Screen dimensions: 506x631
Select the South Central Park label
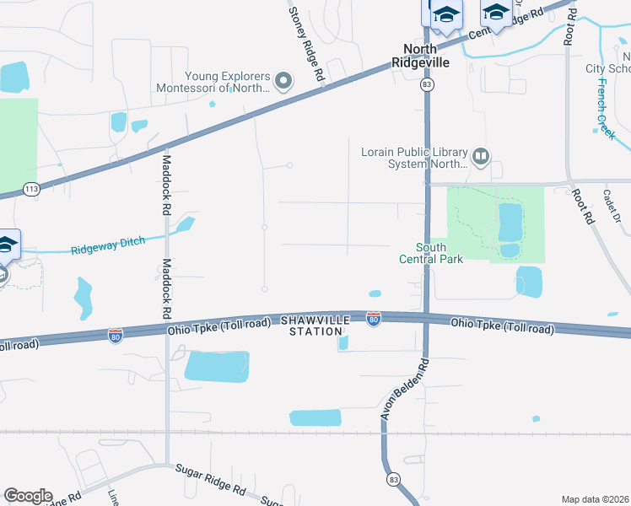pyautogui.click(x=431, y=253)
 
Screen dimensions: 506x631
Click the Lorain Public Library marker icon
pyautogui.click(x=481, y=156)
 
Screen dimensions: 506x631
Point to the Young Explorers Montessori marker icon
pyautogui.click(x=283, y=82)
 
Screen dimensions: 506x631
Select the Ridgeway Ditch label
pyautogui.click(x=107, y=245)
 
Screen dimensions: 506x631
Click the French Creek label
pyautogui.click(x=607, y=108)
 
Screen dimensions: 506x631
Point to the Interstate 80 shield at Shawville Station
pyautogui.click(x=373, y=318)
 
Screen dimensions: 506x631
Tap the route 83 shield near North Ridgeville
pyautogui.click(x=427, y=85)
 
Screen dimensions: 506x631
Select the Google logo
pyautogui.click(x=28, y=496)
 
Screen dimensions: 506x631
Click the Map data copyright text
pyautogui.click(x=595, y=499)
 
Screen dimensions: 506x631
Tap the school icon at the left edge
pyautogui.click(x=8, y=245)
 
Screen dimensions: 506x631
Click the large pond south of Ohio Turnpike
pyautogui.click(x=217, y=366)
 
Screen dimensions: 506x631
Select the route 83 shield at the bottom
pyautogui.click(x=393, y=479)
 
